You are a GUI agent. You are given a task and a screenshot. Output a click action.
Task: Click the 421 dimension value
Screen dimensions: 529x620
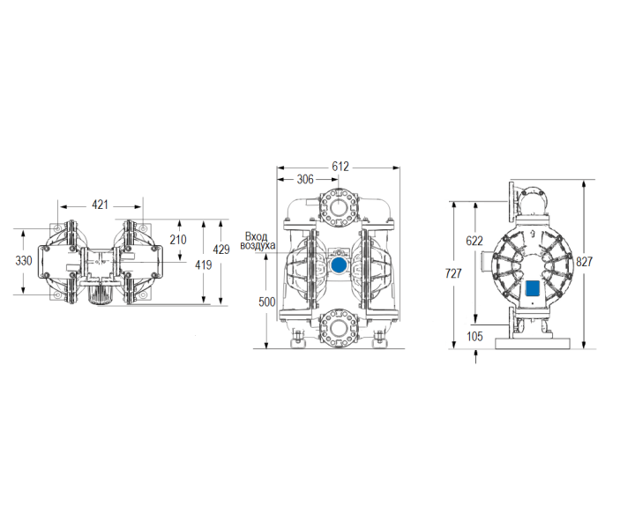click(100, 205)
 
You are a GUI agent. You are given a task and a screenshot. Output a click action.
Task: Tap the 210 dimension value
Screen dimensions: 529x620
click(178, 239)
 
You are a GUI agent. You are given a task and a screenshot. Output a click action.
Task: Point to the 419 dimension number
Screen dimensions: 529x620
click(204, 264)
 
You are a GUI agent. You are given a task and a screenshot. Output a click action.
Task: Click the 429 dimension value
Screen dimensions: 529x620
click(221, 250)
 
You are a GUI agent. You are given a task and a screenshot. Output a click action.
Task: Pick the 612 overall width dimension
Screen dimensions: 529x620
click(340, 166)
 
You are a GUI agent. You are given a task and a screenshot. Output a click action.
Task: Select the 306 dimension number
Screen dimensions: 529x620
click(305, 179)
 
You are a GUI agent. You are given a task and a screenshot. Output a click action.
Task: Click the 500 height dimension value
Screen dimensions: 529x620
click(267, 302)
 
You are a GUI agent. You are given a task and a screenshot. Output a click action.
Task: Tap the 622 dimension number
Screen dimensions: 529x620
click(474, 240)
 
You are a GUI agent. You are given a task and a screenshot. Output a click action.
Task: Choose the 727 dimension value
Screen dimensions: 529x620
click(453, 274)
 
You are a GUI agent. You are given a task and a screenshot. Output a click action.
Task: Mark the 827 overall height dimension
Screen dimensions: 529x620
click(585, 262)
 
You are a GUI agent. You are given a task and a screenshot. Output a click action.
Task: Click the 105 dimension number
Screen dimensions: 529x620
click(475, 336)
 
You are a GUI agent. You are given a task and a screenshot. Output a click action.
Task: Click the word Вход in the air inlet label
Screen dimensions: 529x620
click(256, 236)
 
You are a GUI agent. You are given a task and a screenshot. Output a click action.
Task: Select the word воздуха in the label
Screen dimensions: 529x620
click(258, 246)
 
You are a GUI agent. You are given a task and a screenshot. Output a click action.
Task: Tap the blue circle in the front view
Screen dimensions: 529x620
click(339, 264)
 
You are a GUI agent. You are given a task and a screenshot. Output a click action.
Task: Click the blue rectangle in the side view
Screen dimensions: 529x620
click(532, 287)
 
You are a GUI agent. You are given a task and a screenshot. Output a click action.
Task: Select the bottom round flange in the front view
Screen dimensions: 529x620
click(339, 327)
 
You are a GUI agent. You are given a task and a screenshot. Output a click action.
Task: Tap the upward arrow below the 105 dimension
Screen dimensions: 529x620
click(476, 355)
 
